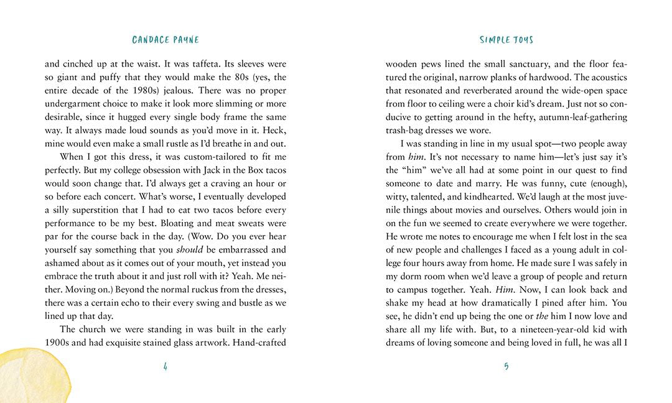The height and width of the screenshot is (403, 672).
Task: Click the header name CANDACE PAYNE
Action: (166, 40)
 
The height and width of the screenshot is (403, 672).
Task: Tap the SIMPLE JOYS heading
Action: (506, 40)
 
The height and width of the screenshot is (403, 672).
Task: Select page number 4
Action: (166, 366)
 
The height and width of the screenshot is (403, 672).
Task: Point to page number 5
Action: (506, 366)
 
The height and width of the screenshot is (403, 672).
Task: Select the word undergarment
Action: (74, 103)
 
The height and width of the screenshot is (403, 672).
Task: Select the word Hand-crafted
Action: (259, 342)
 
